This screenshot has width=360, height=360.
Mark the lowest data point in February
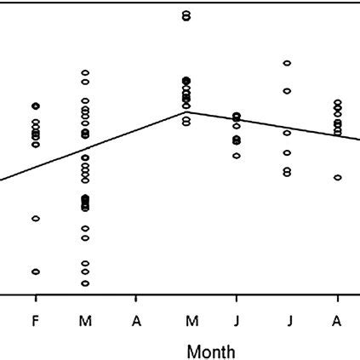(36, 271)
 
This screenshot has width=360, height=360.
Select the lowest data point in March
(85, 283)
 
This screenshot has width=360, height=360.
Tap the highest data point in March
(85, 73)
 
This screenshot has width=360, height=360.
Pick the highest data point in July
(288, 63)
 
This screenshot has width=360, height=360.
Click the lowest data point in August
(338, 178)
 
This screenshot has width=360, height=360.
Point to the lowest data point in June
(237, 156)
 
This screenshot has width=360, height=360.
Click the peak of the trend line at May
(186, 111)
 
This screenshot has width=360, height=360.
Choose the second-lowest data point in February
(36, 219)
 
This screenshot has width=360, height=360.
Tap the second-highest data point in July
(288, 90)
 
